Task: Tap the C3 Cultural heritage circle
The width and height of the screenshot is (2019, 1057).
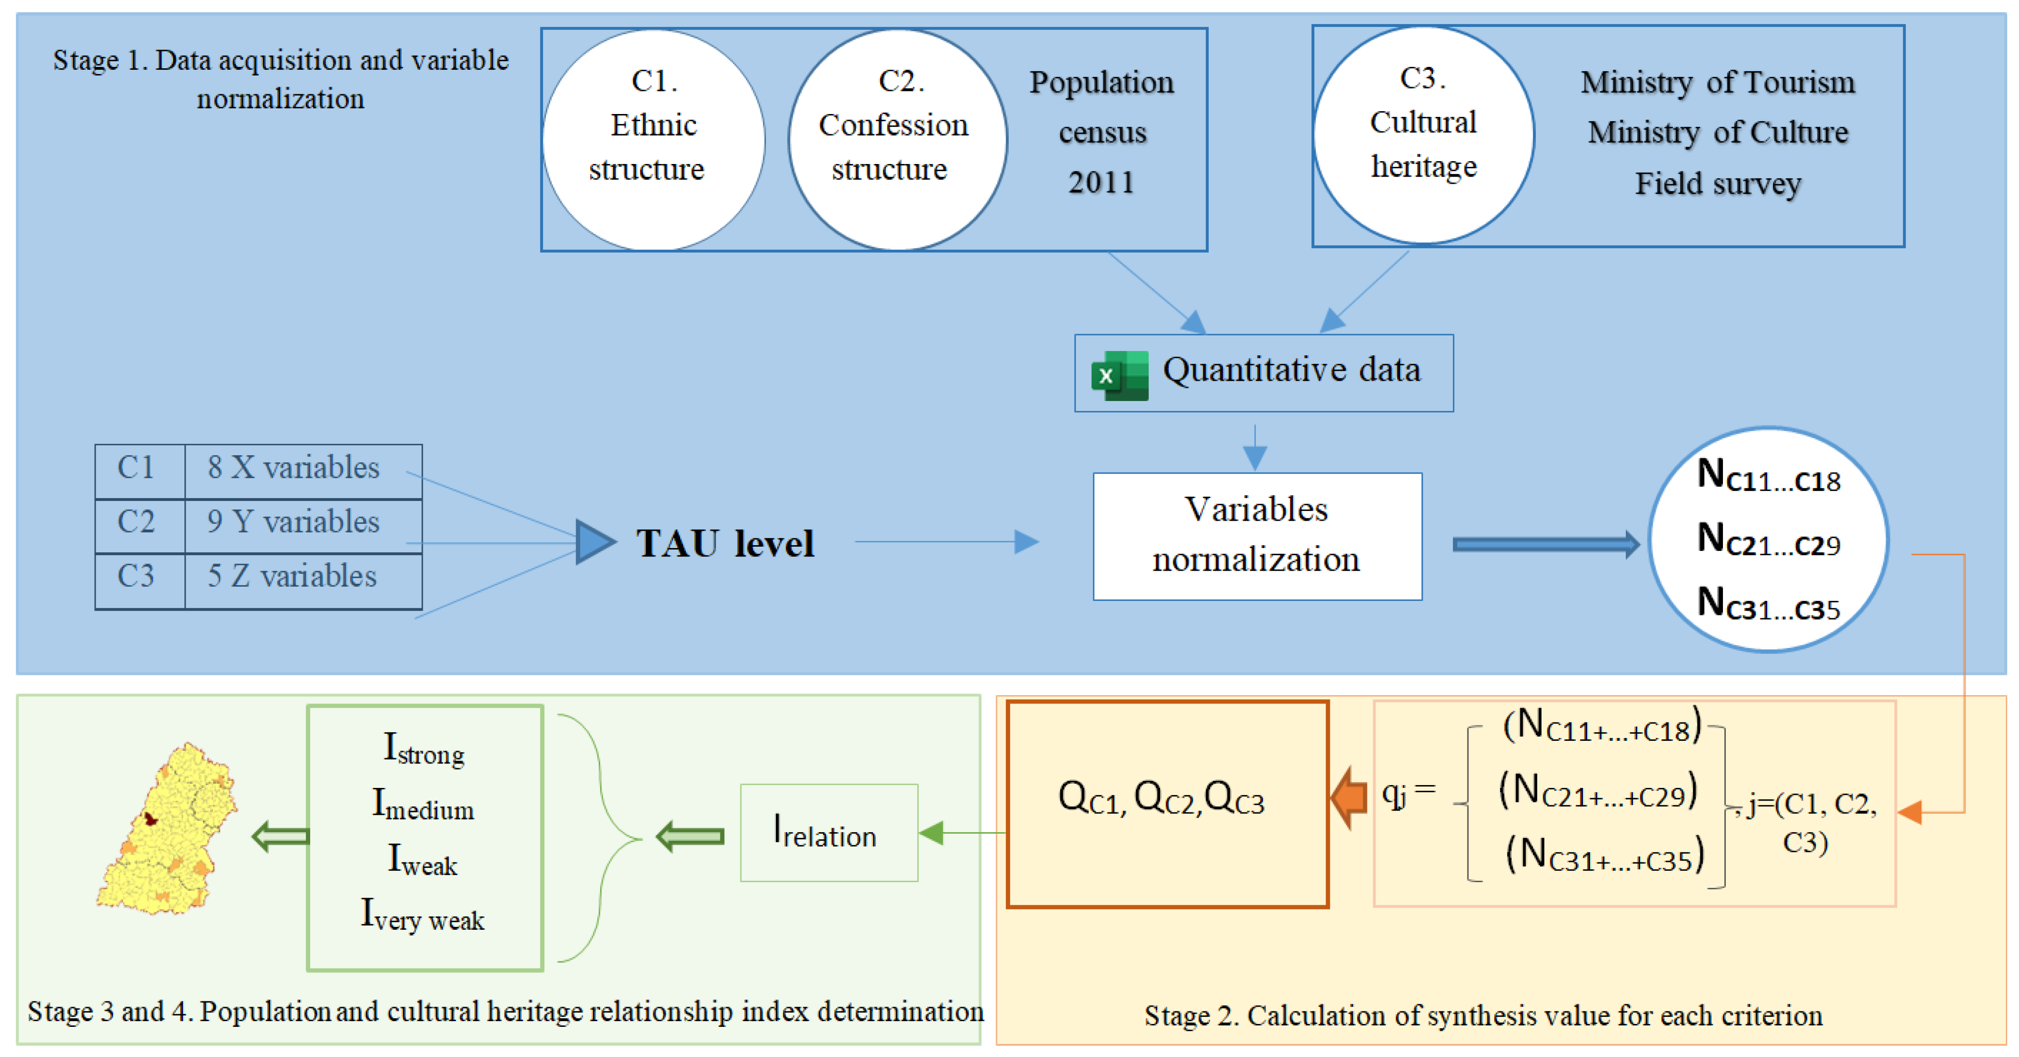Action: coord(1423,135)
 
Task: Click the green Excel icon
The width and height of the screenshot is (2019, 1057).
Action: coord(1119,375)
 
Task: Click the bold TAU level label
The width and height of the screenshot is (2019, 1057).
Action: coord(724,543)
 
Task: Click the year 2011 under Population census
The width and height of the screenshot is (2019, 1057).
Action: coord(1101,182)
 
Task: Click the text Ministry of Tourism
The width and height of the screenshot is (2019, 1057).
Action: coord(1717,82)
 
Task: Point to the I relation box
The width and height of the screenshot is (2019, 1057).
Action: coord(828,833)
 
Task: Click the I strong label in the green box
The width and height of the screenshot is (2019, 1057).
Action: coord(424,749)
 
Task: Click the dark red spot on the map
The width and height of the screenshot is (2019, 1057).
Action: coord(150,819)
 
